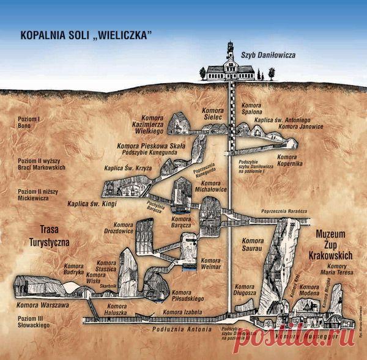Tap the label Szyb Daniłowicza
click(270, 56)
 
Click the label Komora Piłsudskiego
click(188, 296)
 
